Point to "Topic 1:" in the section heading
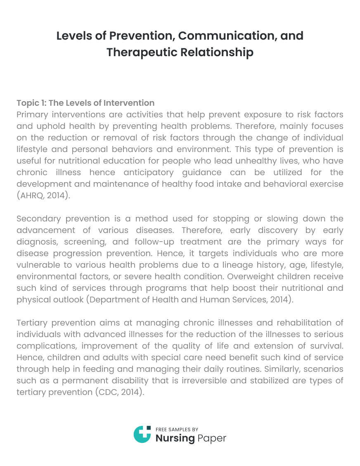pyautogui.click(x=31, y=103)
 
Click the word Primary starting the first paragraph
pyautogui.click(x=32, y=114)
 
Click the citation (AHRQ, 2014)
pyautogui.click(x=43, y=195)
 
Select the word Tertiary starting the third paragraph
pyautogui.click(x=33, y=323)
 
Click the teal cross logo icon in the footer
pyautogui.click(x=142, y=434)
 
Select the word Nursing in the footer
pyautogui.click(x=175, y=438)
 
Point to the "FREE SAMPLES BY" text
pyautogui.click(x=177, y=429)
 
